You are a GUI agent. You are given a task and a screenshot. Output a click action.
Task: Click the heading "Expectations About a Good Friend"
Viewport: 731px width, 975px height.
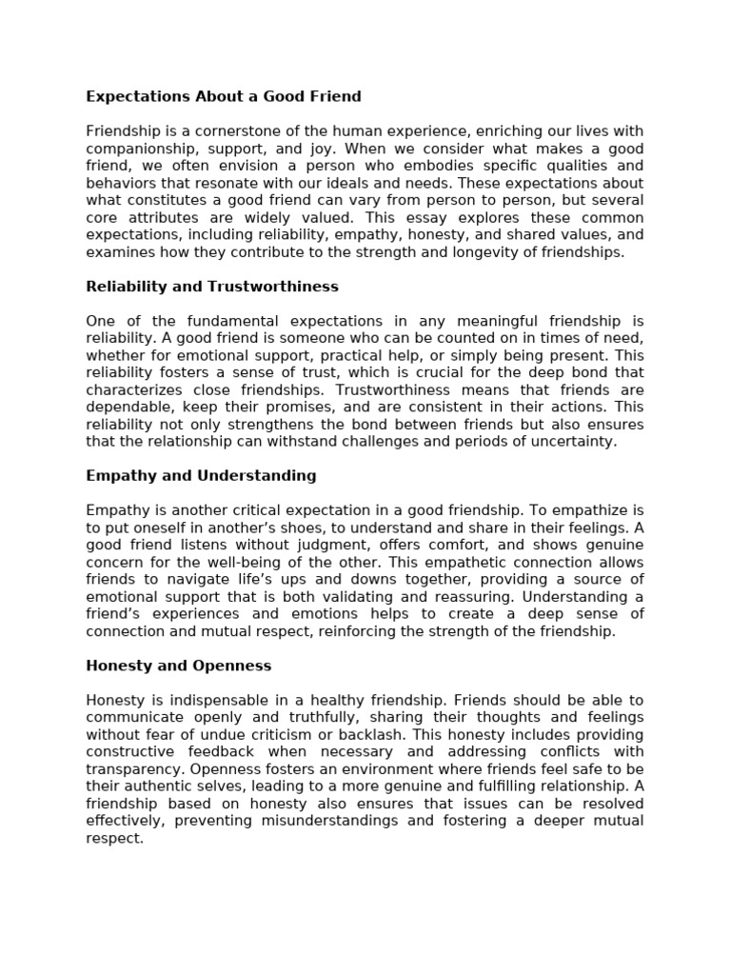224,96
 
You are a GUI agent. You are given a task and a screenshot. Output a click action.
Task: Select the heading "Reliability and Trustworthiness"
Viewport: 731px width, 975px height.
212,287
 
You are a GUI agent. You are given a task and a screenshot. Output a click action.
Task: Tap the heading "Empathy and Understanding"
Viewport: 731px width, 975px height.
201,475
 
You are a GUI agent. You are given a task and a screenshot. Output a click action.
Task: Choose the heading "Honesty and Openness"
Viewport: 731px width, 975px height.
179,666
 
